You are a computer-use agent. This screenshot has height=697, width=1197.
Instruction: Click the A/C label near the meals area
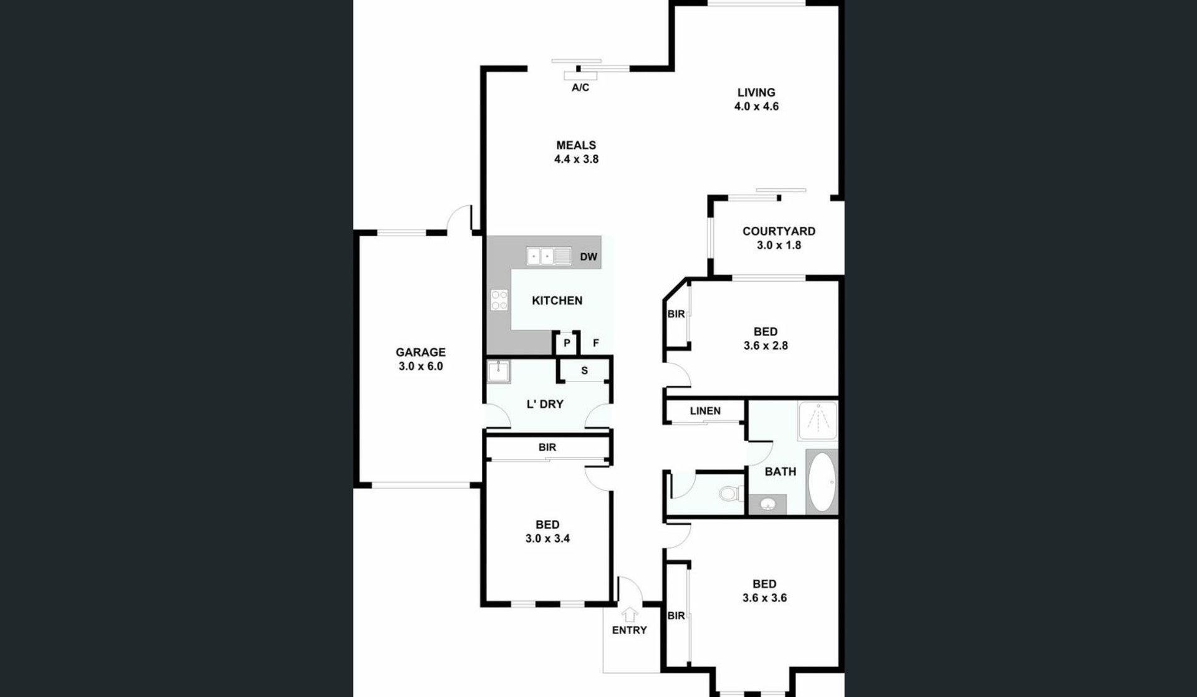[x=580, y=88]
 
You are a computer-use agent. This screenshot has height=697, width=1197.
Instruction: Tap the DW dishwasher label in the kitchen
[x=589, y=257]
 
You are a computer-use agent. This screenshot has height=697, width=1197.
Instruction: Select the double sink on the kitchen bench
[x=549, y=256]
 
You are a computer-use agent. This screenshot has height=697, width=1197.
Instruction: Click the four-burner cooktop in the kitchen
[x=499, y=300]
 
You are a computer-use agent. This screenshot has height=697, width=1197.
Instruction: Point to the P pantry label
[x=567, y=343]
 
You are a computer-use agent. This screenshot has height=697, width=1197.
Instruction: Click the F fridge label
[x=596, y=343]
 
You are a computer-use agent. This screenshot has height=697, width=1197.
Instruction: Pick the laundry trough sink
[x=499, y=372]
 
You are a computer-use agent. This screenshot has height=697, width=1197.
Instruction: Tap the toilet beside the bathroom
[x=731, y=494]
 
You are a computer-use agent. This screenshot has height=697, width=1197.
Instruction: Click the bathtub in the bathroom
[x=822, y=481]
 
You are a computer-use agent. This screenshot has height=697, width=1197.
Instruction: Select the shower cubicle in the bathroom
[x=818, y=421]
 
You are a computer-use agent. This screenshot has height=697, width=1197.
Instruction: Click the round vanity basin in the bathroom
[x=767, y=504]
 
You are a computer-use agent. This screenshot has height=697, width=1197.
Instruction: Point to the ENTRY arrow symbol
[x=630, y=615]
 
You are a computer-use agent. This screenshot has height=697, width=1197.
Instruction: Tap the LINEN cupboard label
[x=705, y=411]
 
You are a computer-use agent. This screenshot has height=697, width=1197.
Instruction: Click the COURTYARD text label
[x=779, y=231]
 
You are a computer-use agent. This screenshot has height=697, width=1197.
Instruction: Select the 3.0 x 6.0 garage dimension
[x=421, y=367]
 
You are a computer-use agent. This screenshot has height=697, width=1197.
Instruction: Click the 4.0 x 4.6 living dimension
[x=756, y=107]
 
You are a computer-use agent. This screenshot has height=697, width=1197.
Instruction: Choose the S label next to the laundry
[x=584, y=371]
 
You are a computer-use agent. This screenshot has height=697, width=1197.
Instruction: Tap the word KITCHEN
[x=557, y=300]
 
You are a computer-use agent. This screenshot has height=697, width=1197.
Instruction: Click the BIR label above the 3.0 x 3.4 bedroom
[x=547, y=448]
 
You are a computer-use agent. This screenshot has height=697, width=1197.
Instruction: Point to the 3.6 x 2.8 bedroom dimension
[x=766, y=346]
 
